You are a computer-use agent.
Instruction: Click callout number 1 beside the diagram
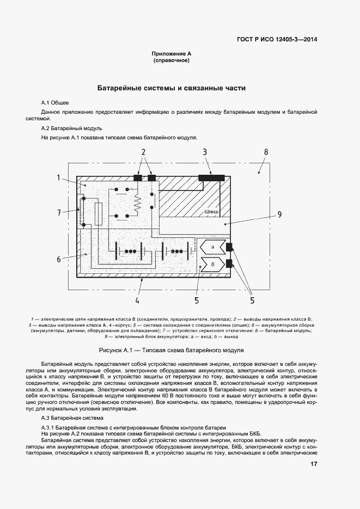[58, 178]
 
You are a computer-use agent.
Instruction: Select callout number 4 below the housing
[137, 300]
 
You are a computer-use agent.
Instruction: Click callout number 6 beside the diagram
[58, 259]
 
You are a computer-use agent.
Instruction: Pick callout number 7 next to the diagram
[58, 212]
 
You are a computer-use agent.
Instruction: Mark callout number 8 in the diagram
[265, 152]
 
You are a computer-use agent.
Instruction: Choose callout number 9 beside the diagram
[279, 214]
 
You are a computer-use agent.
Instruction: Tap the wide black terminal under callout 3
[212, 177]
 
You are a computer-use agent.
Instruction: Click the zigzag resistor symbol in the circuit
[138, 203]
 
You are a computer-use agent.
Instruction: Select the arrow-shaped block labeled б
[212, 265]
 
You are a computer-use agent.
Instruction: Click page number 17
[314, 464]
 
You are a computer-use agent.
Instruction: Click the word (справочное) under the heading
[172, 62]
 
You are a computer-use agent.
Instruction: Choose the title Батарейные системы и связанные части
[172, 88]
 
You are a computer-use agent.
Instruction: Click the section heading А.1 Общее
[55, 103]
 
